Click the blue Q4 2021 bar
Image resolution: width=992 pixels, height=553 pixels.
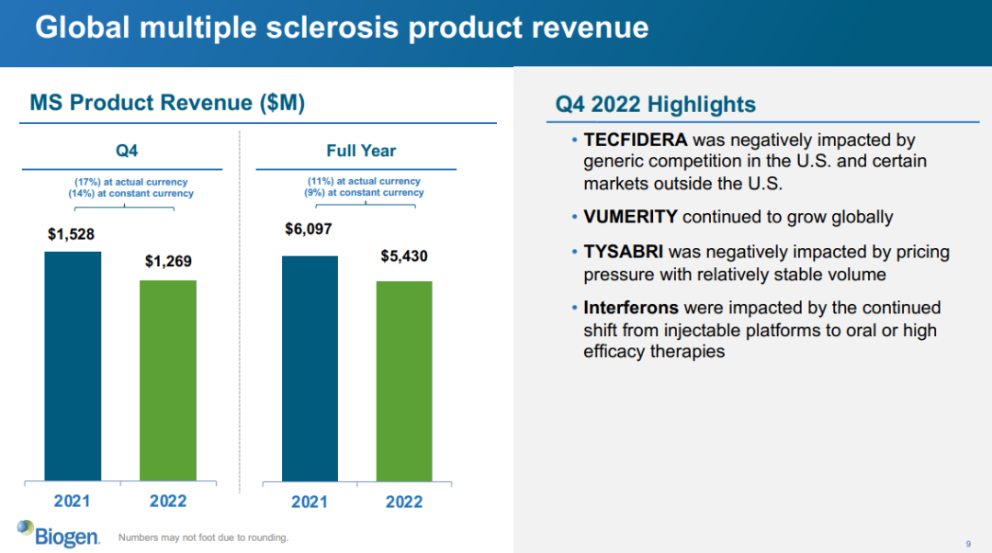point(73,366)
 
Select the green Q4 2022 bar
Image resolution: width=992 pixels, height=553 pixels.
point(168,379)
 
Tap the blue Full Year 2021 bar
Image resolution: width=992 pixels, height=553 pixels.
point(310,367)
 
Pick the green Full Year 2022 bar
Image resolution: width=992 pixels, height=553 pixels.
point(404,380)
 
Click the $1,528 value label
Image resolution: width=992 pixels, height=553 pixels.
point(72,234)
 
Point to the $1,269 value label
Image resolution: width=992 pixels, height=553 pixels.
point(168,262)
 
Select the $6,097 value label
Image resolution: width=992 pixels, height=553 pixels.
point(309,229)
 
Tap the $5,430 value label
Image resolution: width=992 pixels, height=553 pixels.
point(404,256)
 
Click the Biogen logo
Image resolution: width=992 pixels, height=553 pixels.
point(58,533)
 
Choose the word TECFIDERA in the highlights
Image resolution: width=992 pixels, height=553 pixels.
point(635,141)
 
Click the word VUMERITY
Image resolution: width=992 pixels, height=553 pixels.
point(630,217)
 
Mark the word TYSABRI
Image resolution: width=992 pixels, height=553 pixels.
point(624,252)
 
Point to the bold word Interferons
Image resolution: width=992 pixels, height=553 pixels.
point(631,308)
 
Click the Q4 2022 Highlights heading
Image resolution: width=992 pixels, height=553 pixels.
point(656,104)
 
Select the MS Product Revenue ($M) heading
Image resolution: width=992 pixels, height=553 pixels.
point(167,103)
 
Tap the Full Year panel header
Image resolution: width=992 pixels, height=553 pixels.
point(361,151)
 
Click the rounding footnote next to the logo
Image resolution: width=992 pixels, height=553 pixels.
point(203,537)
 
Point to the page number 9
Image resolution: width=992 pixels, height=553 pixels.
point(968,543)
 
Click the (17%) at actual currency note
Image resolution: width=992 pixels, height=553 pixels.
point(131,182)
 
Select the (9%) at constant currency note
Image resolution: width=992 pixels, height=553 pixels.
point(365,193)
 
